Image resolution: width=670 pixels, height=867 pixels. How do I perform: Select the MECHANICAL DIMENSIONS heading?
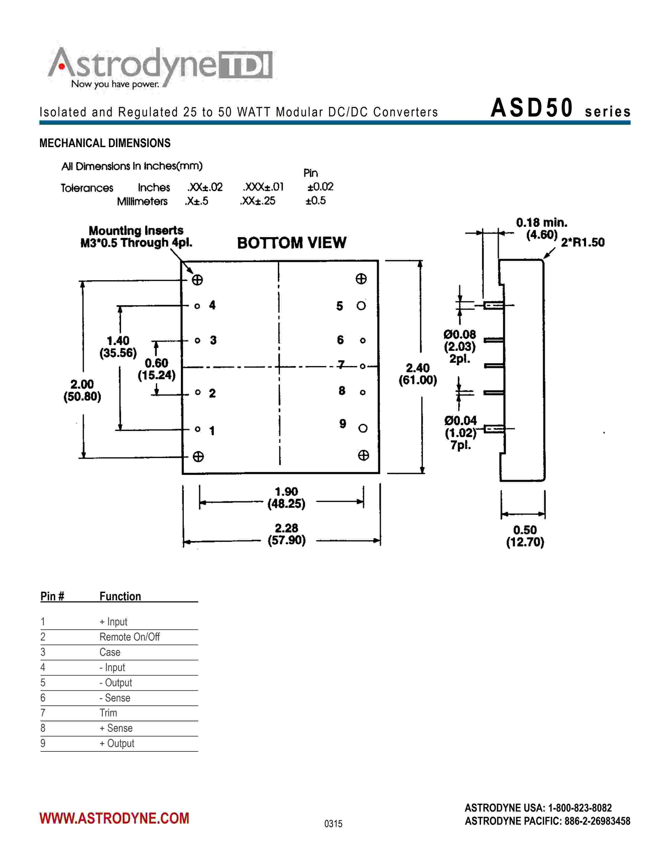tap(105, 143)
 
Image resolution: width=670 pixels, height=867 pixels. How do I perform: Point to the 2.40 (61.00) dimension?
tap(418, 374)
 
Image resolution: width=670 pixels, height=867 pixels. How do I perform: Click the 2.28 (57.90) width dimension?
tap(287, 534)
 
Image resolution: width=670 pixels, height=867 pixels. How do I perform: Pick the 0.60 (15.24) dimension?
tap(156, 369)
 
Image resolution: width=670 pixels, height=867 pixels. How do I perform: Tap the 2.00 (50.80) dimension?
tap(82, 390)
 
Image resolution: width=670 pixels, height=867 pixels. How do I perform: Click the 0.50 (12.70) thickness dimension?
tap(525, 536)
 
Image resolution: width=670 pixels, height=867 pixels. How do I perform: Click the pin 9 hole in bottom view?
tap(362, 428)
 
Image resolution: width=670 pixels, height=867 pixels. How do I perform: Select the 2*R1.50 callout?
tap(582, 242)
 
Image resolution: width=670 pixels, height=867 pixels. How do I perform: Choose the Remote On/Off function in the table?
tap(129, 637)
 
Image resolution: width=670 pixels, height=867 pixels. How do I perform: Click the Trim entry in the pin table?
tap(108, 713)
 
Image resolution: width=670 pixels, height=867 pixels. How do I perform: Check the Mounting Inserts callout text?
tap(136, 237)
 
